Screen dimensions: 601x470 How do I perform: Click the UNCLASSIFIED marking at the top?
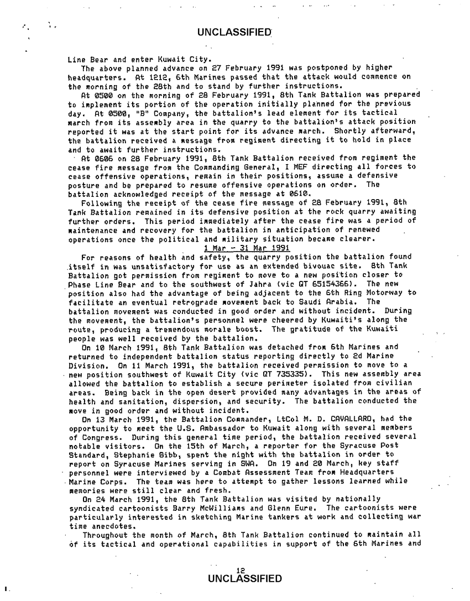pos(234,33)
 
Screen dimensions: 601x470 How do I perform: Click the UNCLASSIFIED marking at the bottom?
pos(243,579)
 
